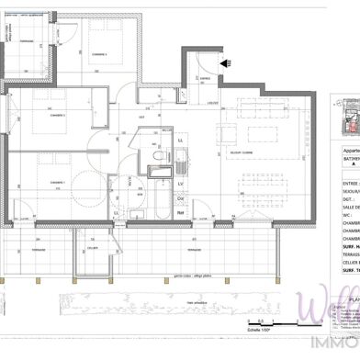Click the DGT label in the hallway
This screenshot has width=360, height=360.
(x=142, y=117)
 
